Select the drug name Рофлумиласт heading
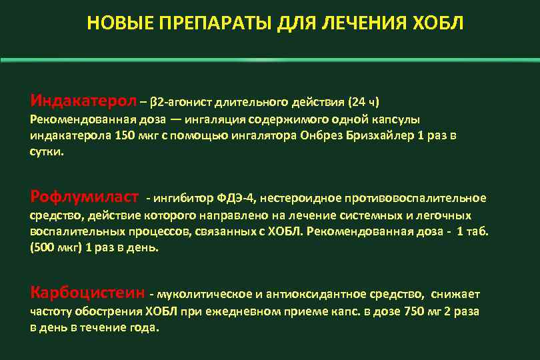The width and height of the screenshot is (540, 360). [x=85, y=197]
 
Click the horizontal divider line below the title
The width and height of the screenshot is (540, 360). [x=270, y=60]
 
